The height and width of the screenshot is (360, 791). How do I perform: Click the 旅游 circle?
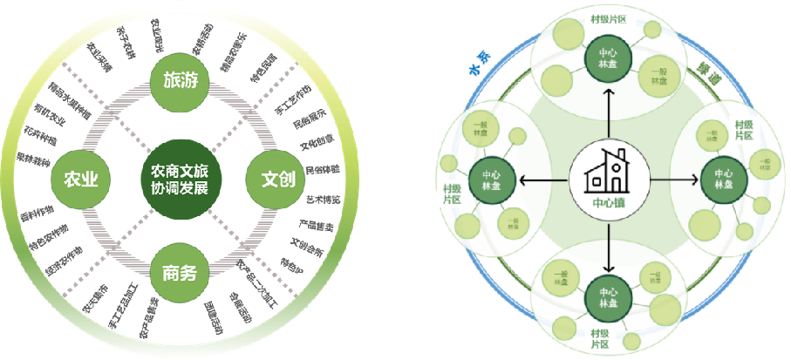(x=181, y=81)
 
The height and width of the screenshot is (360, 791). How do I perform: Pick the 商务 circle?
(x=181, y=275)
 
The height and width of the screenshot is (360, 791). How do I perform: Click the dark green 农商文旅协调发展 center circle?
(x=181, y=179)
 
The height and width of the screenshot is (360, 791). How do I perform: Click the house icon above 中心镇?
(x=610, y=172)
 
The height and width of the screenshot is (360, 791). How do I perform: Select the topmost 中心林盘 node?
(x=608, y=55)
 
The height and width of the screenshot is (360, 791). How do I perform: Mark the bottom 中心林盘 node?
(x=608, y=296)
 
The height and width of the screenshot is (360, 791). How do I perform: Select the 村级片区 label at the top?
(x=608, y=17)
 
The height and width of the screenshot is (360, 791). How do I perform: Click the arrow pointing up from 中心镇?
(x=609, y=113)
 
